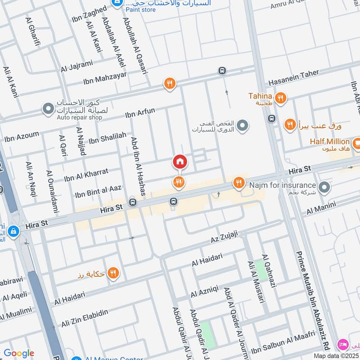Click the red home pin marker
pos(180,162)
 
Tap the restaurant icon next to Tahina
pos(280,98)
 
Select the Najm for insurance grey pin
pos(324,186)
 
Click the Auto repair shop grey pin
pos(48,108)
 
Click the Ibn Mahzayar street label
pos(105,78)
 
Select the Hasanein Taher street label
pos(293,77)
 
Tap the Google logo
pos(18,353)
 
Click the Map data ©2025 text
pos(335,355)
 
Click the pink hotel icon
pos(343,345)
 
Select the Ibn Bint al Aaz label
pos(98,191)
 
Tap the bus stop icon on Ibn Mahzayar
pos(222,71)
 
